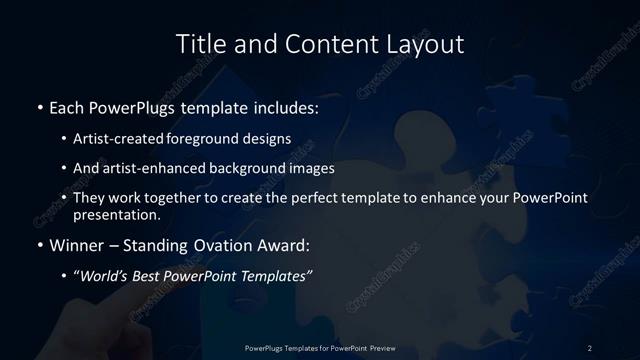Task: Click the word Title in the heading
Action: point(200,44)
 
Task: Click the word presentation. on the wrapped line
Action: point(116,214)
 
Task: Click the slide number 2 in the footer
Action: point(590,347)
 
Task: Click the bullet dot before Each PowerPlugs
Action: point(38,105)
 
